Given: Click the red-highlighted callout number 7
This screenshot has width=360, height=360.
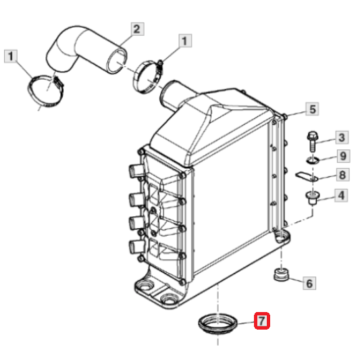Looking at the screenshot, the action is tap(262, 321).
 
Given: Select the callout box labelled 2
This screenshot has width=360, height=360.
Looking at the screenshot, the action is tap(137, 29).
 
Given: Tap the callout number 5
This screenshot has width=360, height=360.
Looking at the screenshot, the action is tap(312, 109).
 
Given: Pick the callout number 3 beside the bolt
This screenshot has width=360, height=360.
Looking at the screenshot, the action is tap(342, 138).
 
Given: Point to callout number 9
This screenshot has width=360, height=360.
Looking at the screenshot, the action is tap(343, 156).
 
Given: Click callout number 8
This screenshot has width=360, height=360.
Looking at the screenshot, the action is tap(343, 175).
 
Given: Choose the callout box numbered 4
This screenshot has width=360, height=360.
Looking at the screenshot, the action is tap(341, 195).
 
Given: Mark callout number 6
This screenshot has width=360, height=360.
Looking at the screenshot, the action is tap(309, 283).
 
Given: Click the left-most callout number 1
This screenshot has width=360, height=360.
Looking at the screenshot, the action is tap(11, 56).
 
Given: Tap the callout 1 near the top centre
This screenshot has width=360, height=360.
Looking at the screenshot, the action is tap(185, 41).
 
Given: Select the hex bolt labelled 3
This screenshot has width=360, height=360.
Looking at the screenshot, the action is tap(312, 141).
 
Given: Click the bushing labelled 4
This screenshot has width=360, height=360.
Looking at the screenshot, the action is tap(313, 197).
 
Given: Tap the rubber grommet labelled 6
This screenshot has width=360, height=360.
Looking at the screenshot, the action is tap(281, 274).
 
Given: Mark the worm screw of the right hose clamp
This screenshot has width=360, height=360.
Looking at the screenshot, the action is tap(160, 67).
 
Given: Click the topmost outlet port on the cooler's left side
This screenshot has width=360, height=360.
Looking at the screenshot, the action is tap(135, 171).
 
